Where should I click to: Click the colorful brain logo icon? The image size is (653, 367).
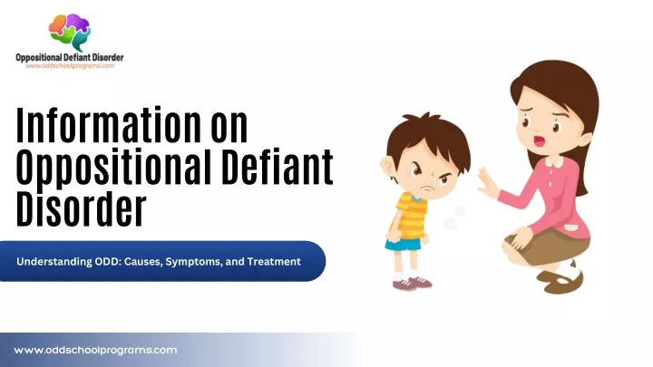[x=70, y=32]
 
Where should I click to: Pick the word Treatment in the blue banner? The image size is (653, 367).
[x=274, y=262]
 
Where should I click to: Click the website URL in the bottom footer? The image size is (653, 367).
[x=95, y=351]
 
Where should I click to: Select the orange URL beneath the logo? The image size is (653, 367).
[x=70, y=66]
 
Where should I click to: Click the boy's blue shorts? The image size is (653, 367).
[x=403, y=245]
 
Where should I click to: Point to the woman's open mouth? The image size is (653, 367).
[x=540, y=140]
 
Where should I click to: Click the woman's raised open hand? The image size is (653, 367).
[x=487, y=182]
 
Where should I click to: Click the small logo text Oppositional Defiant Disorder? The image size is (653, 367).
[x=70, y=57]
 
